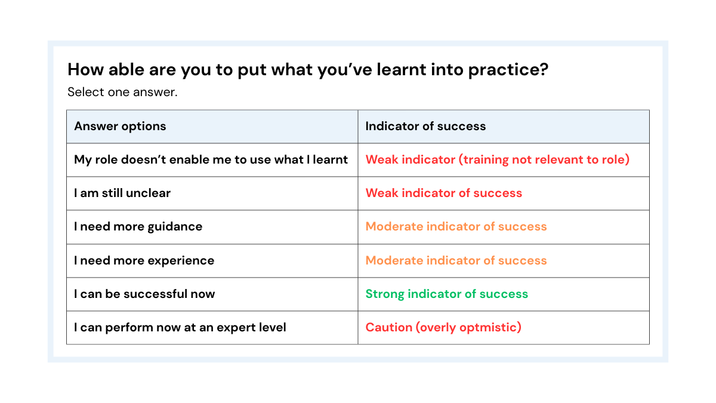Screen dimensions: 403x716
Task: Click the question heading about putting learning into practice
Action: tap(308, 70)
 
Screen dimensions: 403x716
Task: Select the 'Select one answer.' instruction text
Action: tap(122, 92)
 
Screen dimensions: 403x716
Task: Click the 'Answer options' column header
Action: tap(120, 126)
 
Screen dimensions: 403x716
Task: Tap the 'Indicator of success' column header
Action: tap(425, 126)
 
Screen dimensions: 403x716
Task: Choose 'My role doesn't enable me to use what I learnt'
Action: tap(211, 159)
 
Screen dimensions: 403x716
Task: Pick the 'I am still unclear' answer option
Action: tap(122, 193)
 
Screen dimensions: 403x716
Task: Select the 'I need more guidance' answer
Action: tap(138, 226)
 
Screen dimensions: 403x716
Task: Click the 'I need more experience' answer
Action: tap(144, 260)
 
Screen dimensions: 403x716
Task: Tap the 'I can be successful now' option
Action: tap(144, 294)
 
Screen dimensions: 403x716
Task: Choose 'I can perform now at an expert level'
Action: tap(180, 327)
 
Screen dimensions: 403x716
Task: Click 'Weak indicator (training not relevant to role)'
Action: tap(497, 159)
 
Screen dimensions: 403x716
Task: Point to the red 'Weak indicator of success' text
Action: tap(443, 193)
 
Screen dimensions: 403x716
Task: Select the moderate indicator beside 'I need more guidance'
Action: tap(456, 226)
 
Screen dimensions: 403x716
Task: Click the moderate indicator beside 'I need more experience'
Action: tap(456, 260)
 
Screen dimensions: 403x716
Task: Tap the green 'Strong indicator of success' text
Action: tap(446, 294)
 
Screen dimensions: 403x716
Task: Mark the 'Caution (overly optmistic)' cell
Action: tap(443, 327)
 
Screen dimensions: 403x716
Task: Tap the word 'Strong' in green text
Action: tap(381, 294)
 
